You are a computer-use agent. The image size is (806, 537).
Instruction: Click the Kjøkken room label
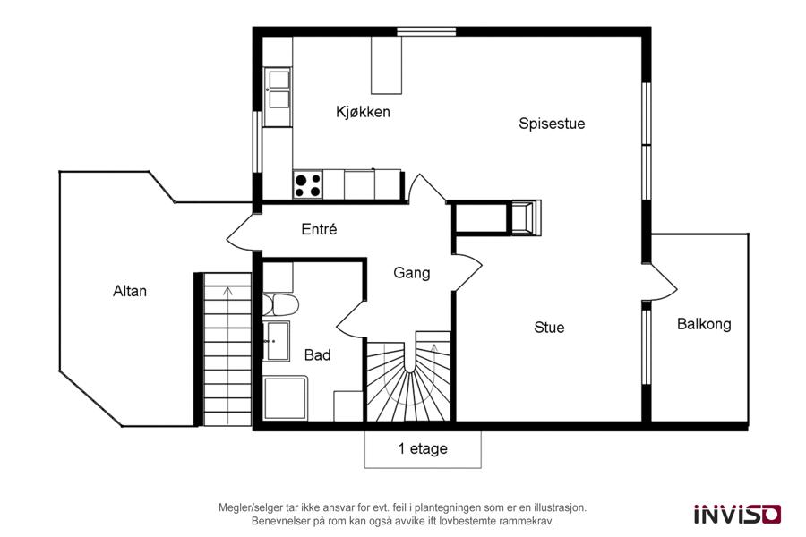pyautogui.click(x=363, y=112)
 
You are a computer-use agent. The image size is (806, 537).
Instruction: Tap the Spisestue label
pyautogui.click(x=552, y=124)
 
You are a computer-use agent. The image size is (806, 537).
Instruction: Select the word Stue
pyautogui.click(x=549, y=328)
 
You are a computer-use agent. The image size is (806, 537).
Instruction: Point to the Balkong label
pyautogui.click(x=704, y=324)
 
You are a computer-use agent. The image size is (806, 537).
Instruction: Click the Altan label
pyautogui.click(x=130, y=292)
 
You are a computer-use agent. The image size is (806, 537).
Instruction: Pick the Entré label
pyautogui.click(x=319, y=229)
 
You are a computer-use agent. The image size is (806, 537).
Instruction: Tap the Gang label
pyautogui.click(x=411, y=273)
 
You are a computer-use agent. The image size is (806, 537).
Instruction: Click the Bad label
pyautogui.click(x=317, y=354)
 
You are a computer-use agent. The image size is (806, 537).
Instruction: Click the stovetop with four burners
pyautogui.click(x=308, y=185)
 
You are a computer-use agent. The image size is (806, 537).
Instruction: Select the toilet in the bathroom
pyautogui.click(x=280, y=305)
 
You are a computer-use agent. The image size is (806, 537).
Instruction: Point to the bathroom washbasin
pyautogui.click(x=276, y=341)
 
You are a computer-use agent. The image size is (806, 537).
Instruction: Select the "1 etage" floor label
pyautogui.click(x=423, y=448)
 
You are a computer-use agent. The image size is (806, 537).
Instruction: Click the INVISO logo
pyautogui.click(x=738, y=514)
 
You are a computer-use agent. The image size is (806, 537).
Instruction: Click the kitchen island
pyautogui.click(x=387, y=65)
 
